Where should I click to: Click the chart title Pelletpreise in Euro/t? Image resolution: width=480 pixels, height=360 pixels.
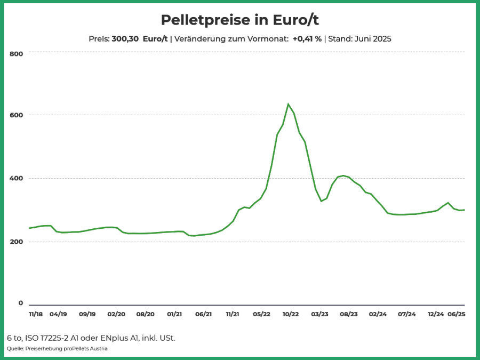pos(239,20)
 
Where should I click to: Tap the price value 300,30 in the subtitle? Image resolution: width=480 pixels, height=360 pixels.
pos(125,39)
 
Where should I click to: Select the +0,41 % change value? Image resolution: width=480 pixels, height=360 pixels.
pos(307,39)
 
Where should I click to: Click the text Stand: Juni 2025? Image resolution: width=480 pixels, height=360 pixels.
pos(359,39)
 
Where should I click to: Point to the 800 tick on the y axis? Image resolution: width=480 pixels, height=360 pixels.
pos(16,54)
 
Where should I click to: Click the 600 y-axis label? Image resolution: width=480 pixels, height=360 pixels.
pos(16,115)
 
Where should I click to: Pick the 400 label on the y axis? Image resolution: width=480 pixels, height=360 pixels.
pos(16,178)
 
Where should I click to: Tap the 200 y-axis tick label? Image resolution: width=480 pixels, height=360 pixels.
pos(16,242)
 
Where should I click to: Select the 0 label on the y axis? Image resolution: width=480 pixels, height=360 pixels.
pos(20,303)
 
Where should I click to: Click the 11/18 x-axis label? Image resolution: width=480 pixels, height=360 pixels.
pos(36,314)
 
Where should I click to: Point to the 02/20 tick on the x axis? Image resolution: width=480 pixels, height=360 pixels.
pos(116,314)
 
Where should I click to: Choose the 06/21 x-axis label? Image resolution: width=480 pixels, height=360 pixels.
pos(204,314)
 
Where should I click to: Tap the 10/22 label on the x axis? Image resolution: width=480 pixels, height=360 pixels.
pos(291,314)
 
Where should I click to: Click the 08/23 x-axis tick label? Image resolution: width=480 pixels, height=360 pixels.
pos(349,314)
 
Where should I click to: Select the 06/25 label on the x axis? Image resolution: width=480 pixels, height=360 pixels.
pos(457,314)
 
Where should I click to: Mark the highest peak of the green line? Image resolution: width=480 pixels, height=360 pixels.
pos(288,104)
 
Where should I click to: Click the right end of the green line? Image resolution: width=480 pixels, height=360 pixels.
pos(465,210)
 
